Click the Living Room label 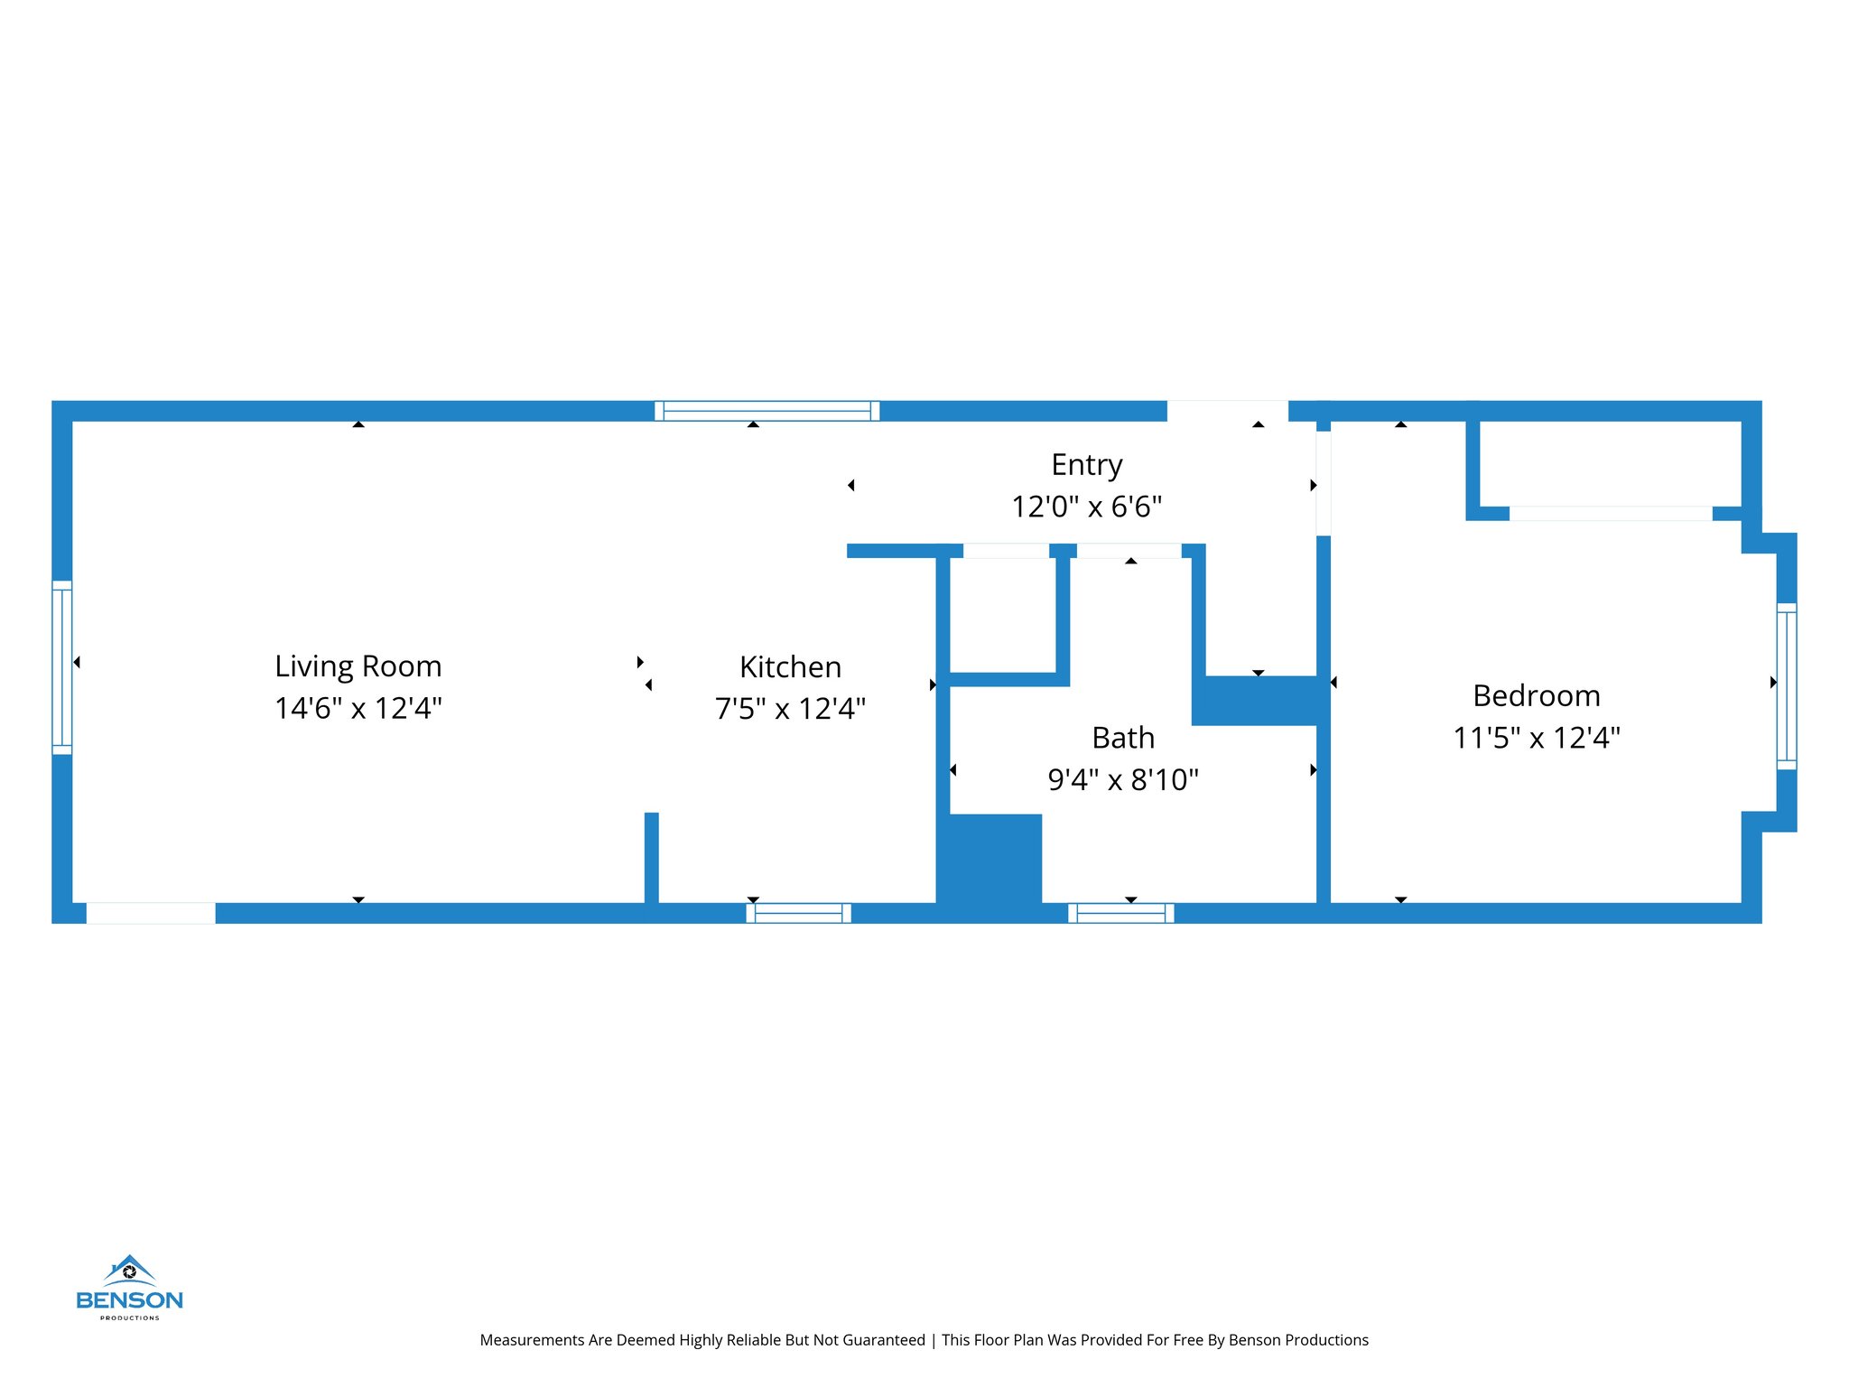point(358,666)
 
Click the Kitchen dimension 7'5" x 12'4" point(790,709)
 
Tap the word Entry point(1086,465)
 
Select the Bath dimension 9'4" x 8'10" point(1123,779)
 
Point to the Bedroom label point(1536,695)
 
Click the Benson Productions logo point(129,1287)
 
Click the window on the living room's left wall point(61,666)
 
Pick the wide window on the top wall point(767,411)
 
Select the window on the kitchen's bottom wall point(798,913)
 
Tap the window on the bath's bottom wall point(1120,913)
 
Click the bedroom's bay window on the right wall point(1786,685)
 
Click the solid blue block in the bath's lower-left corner point(990,862)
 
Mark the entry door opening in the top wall point(1227,411)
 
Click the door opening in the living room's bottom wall point(151,913)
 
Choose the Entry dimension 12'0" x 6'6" point(1086,507)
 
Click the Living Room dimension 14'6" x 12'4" point(358,708)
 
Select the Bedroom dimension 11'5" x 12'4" point(1536,738)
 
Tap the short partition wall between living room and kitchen point(651,858)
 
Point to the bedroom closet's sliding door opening point(1611,514)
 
